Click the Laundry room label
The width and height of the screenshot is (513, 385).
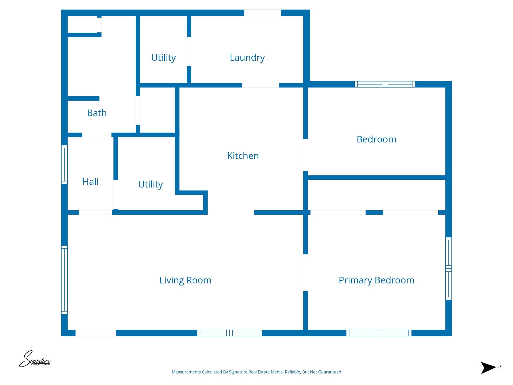pyautogui.click(x=247, y=58)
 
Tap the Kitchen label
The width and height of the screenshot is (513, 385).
pyautogui.click(x=243, y=156)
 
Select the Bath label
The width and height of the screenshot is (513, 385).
pyautogui.click(x=97, y=113)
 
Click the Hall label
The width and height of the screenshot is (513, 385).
pyautogui.click(x=90, y=182)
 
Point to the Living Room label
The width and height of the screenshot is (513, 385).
pyautogui.click(x=185, y=280)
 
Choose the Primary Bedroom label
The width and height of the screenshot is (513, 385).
pyautogui.click(x=376, y=280)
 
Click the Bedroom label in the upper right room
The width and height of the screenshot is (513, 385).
pyautogui.click(x=376, y=139)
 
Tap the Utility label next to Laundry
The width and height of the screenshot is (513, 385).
pyautogui.click(x=163, y=58)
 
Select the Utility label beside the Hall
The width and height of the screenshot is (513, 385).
pyautogui.click(x=150, y=184)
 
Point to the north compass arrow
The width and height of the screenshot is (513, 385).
pyautogui.click(x=488, y=368)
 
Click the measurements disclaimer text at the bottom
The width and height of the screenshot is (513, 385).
pyautogui.click(x=256, y=372)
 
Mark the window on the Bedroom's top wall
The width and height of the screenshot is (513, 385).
pyautogui.click(x=385, y=84)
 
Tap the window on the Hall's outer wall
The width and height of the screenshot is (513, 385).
pyautogui.click(x=64, y=165)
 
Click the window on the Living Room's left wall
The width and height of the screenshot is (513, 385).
pyautogui.click(x=64, y=280)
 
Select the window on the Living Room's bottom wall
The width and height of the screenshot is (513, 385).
pyautogui.click(x=229, y=333)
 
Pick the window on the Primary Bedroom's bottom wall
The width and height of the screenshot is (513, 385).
pyautogui.click(x=379, y=333)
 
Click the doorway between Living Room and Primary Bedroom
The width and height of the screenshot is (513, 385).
pyautogui.click(x=305, y=273)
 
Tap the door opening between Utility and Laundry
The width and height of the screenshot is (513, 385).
pyautogui.click(x=189, y=51)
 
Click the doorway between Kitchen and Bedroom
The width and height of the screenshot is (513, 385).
pyautogui.click(x=305, y=155)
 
